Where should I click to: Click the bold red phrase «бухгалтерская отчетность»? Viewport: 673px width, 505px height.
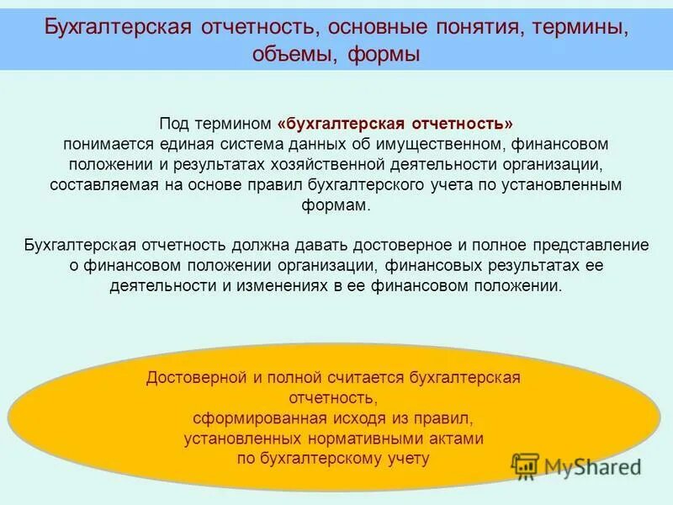tap(395, 123)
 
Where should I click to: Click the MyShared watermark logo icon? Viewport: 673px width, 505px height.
tap(526, 465)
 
